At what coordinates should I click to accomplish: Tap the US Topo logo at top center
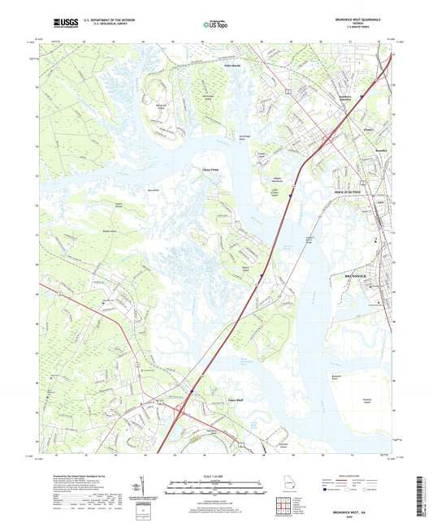[216, 25]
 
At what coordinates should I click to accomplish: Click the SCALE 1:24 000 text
[215, 477]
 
